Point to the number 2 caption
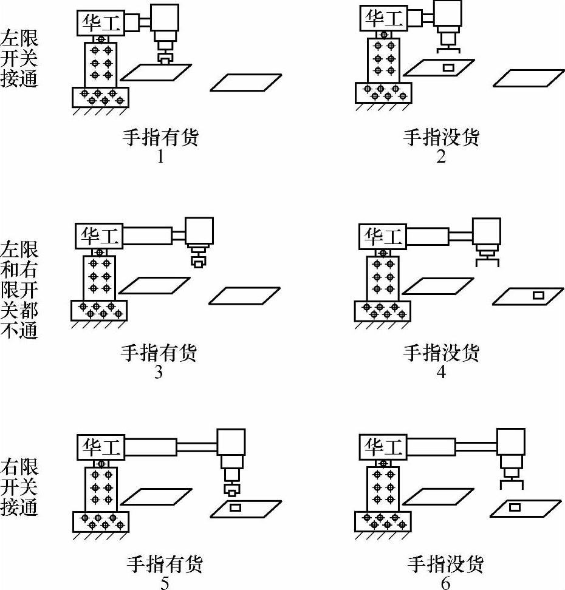(x=442, y=157)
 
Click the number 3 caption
(x=159, y=371)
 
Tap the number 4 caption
(x=442, y=371)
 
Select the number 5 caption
(x=164, y=583)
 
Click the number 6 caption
(x=446, y=583)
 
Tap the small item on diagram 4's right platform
(x=537, y=295)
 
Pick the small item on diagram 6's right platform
(x=515, y=506)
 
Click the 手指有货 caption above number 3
(x=159, y=352)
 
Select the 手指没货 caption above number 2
(x=442, y=137)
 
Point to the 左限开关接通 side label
(x=19, y=59)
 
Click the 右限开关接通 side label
(x=19, y=487)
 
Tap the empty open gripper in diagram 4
(x=487, y=262)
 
